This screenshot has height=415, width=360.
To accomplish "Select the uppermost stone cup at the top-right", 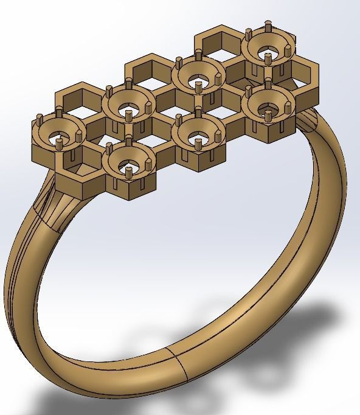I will point(266,50).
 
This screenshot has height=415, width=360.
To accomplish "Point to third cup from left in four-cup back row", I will point(197,78).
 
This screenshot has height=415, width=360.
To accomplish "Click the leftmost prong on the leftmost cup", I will point(40,118).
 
